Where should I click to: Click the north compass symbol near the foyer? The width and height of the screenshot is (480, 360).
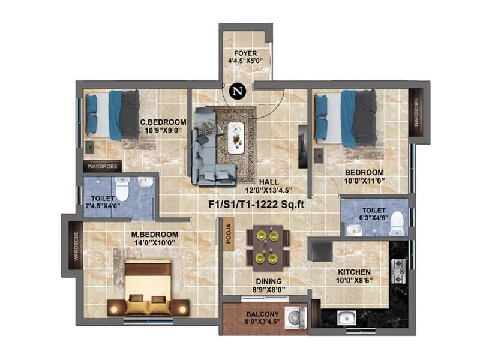[x=239, y=92]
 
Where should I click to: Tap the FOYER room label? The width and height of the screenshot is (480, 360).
[x=245, y=53]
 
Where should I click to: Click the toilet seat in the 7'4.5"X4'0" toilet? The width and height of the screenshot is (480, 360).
[x=123, y=190]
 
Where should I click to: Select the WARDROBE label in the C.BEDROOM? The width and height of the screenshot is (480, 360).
[x=103, y=166]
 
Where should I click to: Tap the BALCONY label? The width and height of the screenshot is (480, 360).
[x=263, y=313]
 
